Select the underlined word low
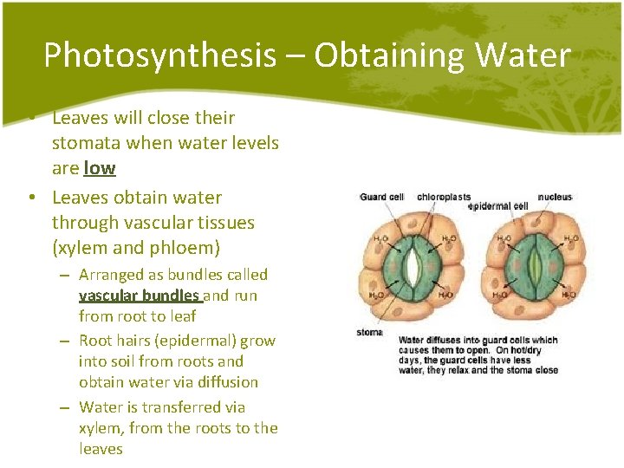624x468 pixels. click(x=100, y=167)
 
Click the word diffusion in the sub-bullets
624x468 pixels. click(x=218, y=382)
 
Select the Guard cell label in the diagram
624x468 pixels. click(x=382, y=198)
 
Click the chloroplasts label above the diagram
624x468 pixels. click(x=444, y=198)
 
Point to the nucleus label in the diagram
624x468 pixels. click(x=555, y=198)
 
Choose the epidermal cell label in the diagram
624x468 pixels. click(x=498, y=207)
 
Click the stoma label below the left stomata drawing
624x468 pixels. click(x=370, y=332)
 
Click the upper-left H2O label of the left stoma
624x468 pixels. click(x=379, y=238)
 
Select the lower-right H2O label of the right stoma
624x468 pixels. click(x=569, y=296)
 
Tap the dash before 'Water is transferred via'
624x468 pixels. click(x=65, y=407)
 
